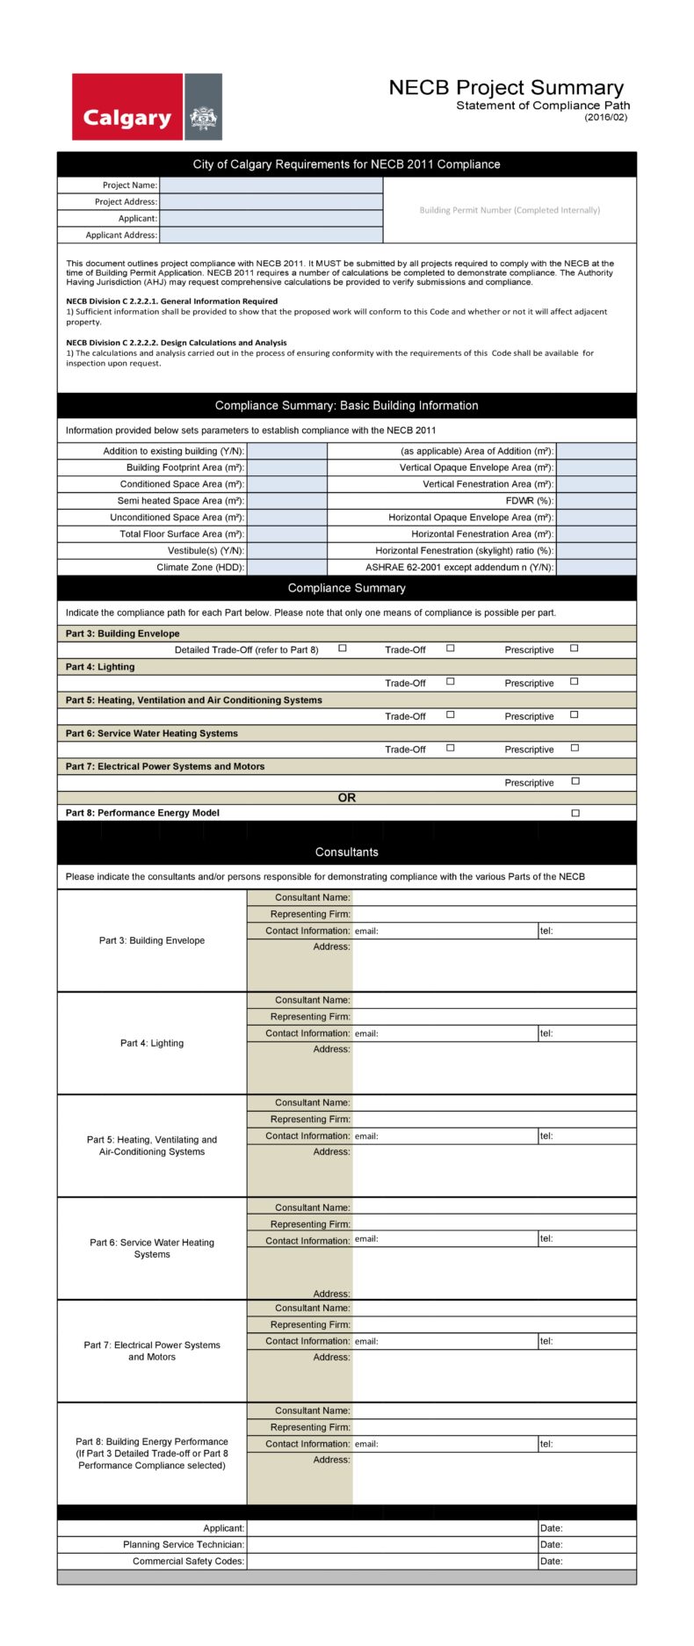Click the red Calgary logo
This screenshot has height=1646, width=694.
point(127,107)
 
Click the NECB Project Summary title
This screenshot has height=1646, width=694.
point(506,88)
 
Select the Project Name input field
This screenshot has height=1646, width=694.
point(271,185)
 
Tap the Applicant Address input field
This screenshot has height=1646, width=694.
point(271,236)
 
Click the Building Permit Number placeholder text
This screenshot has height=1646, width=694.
point(510,210)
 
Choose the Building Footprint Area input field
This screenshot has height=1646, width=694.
point(286,468)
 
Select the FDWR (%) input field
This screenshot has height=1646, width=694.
point(596,501)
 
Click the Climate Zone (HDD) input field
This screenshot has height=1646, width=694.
point(286,568)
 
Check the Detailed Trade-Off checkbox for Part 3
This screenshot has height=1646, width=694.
point(343,649)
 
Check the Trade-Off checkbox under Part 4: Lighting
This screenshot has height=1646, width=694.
point(450,682)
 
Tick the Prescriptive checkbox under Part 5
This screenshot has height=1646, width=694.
point(575,715)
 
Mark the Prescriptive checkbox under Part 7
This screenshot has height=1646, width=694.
point(575,781)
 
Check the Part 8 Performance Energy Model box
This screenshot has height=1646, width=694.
point(575,814)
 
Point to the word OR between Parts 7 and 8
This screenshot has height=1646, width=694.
point(347,798)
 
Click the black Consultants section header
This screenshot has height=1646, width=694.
point(347,852)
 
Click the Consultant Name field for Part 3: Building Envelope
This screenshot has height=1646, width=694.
point(494,897)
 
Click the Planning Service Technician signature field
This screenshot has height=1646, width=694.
point(392,1544)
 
